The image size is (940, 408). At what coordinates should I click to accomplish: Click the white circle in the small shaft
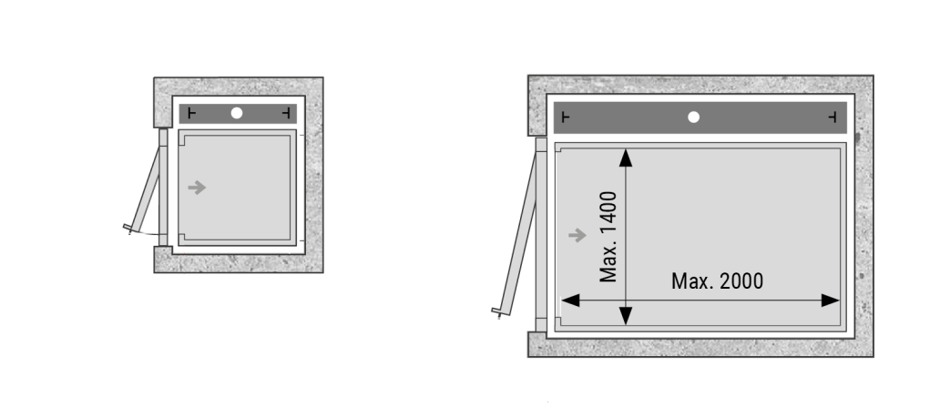coord(237,113)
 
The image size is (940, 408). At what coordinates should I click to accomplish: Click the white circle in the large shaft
coord(693,117)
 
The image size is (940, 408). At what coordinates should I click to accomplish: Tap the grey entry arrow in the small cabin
coord(198,188)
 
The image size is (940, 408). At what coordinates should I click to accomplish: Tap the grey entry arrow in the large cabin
coord(577,236)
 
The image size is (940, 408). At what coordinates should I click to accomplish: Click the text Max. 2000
coord(717,281)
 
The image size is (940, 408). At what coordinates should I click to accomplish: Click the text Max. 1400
coord(608,236)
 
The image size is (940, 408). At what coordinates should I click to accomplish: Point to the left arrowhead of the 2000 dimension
coord(570,301)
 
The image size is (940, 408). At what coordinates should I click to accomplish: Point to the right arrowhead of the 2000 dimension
coord(831,301)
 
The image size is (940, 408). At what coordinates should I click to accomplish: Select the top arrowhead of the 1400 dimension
coord(626,158)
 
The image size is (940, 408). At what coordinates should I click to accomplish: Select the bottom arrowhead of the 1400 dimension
coord(626,316)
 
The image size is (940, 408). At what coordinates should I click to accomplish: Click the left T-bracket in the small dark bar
coord(191,113)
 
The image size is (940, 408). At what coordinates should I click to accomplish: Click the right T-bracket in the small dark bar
coord(286,113)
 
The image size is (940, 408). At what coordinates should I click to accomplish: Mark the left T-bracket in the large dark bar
coord(566,117)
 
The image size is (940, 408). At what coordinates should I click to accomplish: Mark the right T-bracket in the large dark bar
coord(833,117)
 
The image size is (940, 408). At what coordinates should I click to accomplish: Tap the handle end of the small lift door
coord(128,229)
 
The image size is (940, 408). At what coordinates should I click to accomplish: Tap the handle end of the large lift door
coord(499,312)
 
